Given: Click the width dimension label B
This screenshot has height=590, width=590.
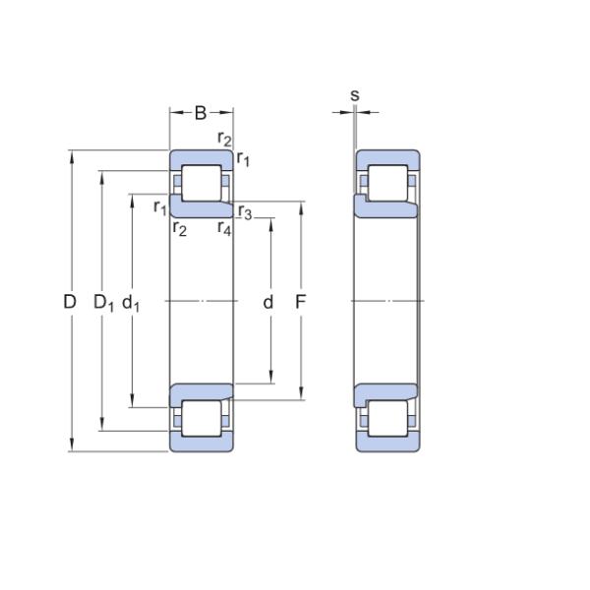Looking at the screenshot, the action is [x=201, y=112].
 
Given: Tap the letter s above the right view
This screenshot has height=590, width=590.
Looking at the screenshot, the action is [x=355, y=95].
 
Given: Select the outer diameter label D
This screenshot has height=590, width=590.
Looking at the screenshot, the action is [x=70, y=302].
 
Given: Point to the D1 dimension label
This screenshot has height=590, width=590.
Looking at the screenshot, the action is [x=103, y=303].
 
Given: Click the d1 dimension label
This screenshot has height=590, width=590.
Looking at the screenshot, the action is [x=131, y=303].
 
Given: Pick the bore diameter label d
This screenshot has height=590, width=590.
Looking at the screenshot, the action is [x=267, y=302].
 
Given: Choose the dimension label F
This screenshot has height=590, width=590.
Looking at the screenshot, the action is [x=300, y=302].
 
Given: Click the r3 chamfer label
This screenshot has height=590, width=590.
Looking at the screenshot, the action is [x=245, y=211].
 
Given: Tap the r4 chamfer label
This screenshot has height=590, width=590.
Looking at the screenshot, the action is [x=224, y=228].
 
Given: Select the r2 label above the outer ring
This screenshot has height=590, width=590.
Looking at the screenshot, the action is [x=224, y=139].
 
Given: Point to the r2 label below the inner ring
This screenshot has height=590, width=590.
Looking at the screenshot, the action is [x=180, y=228].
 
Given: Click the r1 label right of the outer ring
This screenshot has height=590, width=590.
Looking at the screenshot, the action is [x=243, y=159].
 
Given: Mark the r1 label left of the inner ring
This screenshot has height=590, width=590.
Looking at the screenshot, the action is [x=160, y=207].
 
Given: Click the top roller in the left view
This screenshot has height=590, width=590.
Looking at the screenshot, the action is [x=202, y=183].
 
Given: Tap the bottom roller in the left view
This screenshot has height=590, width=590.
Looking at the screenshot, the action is [x=202, y=419].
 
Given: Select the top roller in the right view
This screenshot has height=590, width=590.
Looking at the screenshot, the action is [x=387, y=183].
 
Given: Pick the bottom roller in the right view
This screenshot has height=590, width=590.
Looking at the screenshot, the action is [x=387, y=419].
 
